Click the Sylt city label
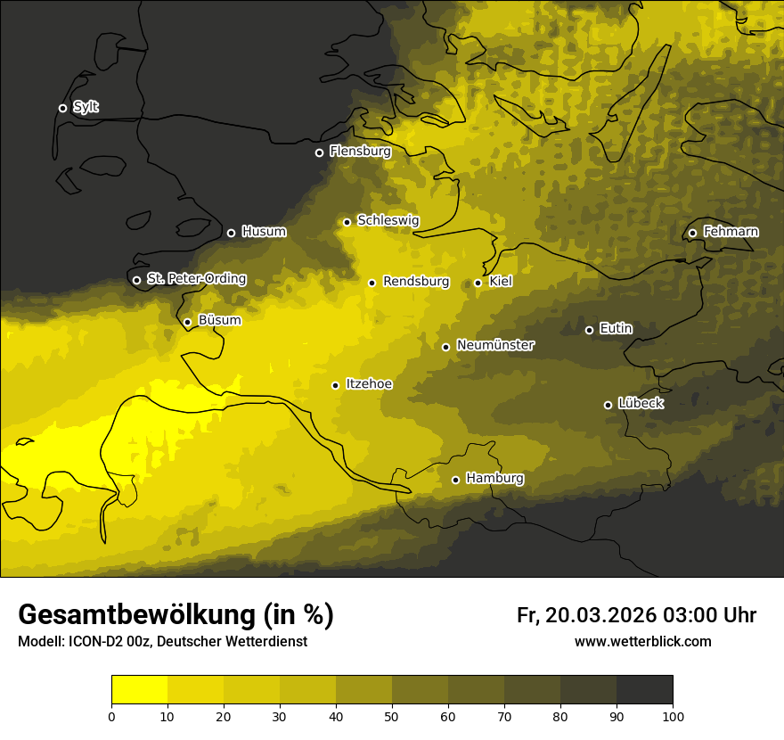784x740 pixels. tap(86, 107)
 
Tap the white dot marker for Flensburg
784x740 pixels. tap(319, 152)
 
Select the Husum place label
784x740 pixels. tap(264, 232)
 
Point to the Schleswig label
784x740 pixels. tap(388, 220)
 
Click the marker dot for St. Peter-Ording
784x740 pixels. tap(136, 280)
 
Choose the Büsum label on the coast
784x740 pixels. tap(219, 320)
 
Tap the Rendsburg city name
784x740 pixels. tap(415, 282)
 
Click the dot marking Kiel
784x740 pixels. tap(478, 283)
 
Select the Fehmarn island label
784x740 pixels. tap(731, 232)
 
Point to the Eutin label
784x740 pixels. tap(616, 328)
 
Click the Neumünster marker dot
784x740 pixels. tap(445, 347)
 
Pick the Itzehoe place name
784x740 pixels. tap(369, 384)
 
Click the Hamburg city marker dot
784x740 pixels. tap(455, 480)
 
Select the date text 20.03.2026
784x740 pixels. tap(600, 615)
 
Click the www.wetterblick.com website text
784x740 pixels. tap(642, 641)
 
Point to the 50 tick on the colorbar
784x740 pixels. tap(392, 716)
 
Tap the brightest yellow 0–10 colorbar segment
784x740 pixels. tap(139, 690)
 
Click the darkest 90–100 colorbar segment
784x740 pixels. tap(644, 690)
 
